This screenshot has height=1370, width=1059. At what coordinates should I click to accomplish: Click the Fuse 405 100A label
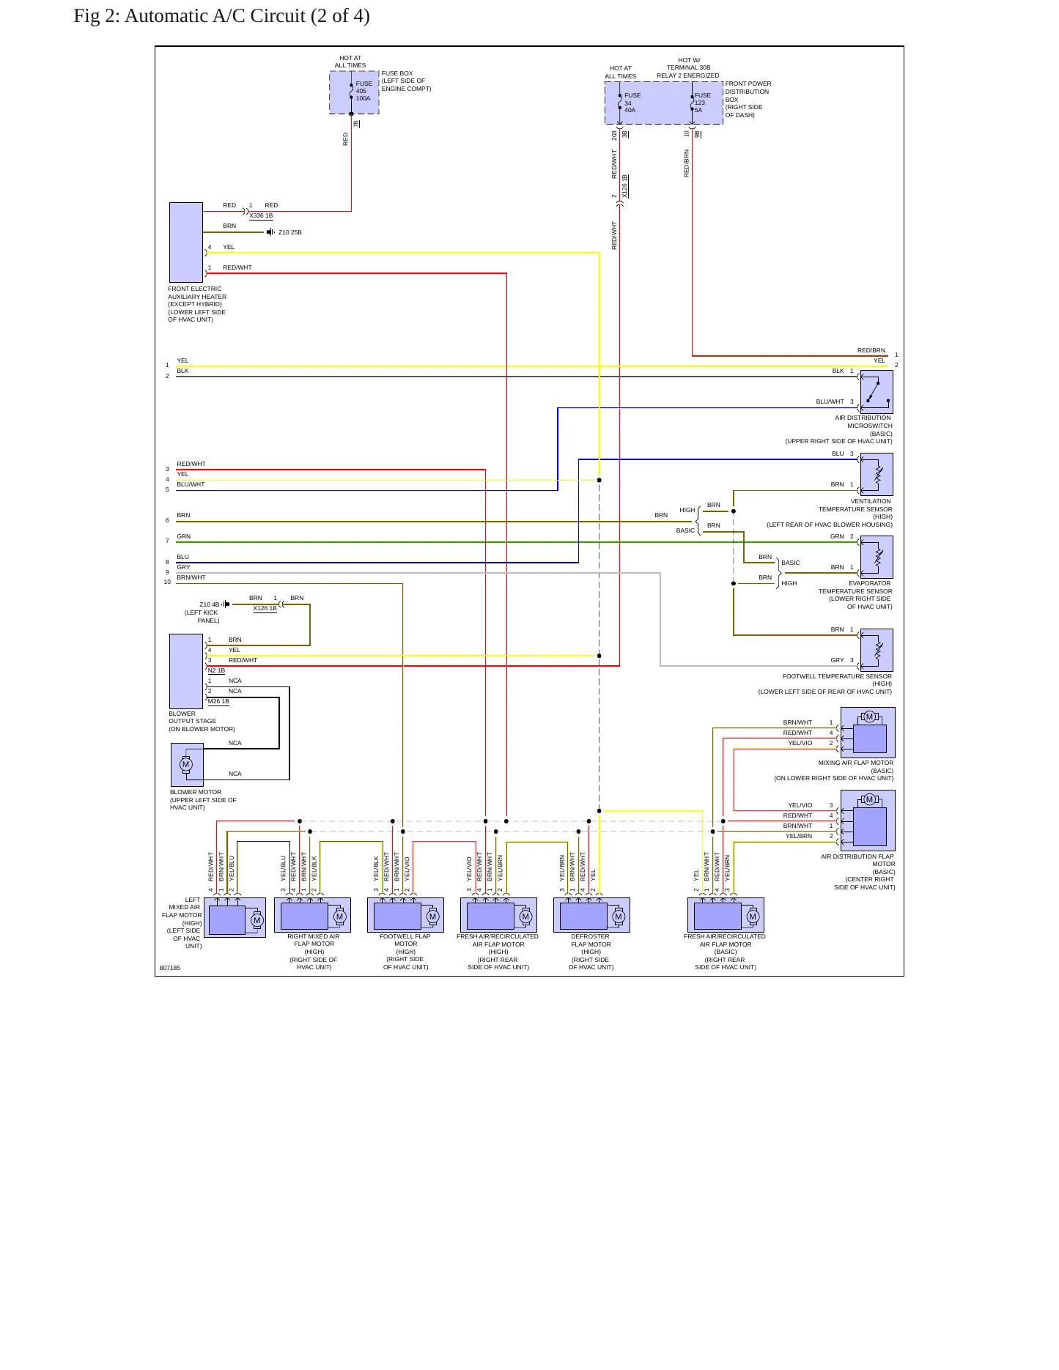(364, 91)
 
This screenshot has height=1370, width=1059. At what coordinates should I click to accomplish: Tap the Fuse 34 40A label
(632, 103)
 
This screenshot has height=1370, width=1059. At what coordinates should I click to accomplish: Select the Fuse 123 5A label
(702, 103)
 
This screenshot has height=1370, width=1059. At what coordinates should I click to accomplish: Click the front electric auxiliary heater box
(186, 242)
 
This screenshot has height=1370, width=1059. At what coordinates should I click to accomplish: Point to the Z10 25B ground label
(290, 232)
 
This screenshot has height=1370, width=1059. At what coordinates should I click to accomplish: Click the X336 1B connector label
(261, 216)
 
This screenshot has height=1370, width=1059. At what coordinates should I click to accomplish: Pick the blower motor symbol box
(187, 765)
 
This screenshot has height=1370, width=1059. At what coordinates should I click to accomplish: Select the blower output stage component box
(186, 671)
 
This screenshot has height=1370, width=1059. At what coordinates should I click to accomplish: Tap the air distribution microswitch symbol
(877, 392)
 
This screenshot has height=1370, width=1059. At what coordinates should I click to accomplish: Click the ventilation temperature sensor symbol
(877, 475)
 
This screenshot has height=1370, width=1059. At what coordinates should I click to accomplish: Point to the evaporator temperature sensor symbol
(877, 558)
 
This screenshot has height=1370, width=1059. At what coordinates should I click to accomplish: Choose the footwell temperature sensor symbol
(877, 651)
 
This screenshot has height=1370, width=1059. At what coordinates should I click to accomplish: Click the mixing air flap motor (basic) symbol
(868, 733)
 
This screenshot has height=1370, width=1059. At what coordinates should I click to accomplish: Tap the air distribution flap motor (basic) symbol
(868, 821)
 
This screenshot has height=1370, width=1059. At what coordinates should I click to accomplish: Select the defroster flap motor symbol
(591, 915)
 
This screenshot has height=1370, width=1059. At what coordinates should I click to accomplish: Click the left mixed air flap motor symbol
(235, 917)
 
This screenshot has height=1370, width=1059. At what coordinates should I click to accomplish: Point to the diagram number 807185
(170, 968)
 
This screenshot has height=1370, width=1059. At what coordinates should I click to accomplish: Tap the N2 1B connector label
(216, 670)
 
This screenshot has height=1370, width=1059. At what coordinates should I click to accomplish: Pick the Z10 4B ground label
(209, 604)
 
